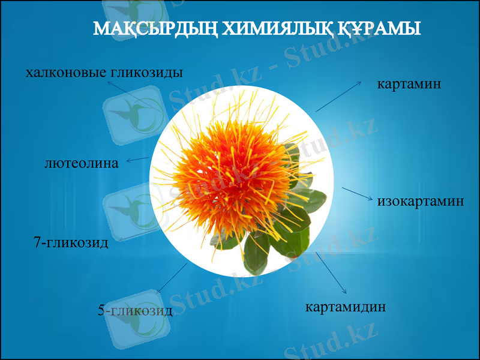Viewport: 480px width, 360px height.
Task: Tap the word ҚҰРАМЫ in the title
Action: tap(378, 28)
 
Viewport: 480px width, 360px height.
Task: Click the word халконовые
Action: tap(65, 73)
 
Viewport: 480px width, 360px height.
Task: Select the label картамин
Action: tap(409, 83)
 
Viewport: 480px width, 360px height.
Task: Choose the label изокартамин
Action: tap(421, 201)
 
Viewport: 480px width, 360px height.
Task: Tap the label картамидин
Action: tap(346, 307)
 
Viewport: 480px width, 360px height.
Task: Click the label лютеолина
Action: tap(82, 163)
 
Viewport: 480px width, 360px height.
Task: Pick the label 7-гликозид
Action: tap(71, 243)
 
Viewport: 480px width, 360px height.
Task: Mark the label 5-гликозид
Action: tap(135, 311)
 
